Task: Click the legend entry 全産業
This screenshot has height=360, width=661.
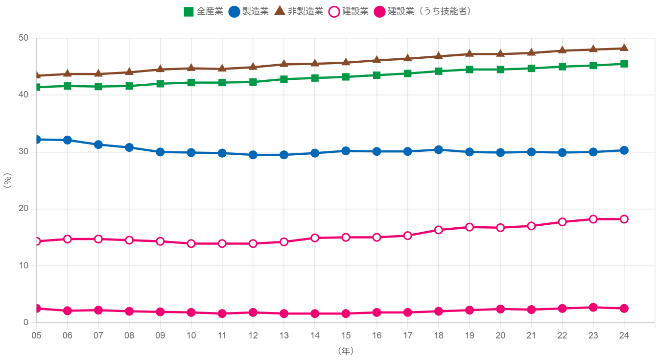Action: (203, 11)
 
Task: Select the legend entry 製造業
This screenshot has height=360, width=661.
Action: (248, 11)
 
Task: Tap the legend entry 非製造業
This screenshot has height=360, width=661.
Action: (298, 11)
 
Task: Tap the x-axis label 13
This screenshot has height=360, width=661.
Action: (284, 336)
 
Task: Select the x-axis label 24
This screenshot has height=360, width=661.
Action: (624, 336)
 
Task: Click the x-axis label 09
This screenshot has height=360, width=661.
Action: (160, 336)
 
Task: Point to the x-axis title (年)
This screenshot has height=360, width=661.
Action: (345, 351)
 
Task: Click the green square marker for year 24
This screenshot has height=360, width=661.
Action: (624, 64)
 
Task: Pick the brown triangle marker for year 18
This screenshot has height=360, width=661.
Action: (438, 56)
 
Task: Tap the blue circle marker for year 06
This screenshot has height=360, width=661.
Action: (68, 140)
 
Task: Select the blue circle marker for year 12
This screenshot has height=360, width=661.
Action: (253, 155)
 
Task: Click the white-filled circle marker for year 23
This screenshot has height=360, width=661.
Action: (593, 219)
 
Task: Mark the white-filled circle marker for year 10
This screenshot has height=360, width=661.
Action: (191, 243)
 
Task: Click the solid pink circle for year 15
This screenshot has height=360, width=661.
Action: (346, 313)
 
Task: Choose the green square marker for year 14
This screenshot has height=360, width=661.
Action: (315, 78)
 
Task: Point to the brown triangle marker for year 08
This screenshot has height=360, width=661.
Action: (129, 72)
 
